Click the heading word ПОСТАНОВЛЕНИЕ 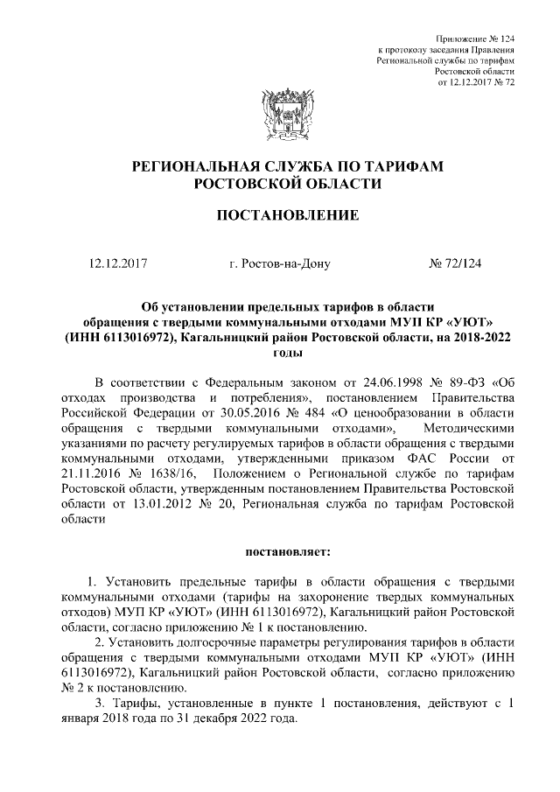tap(279, 215)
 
